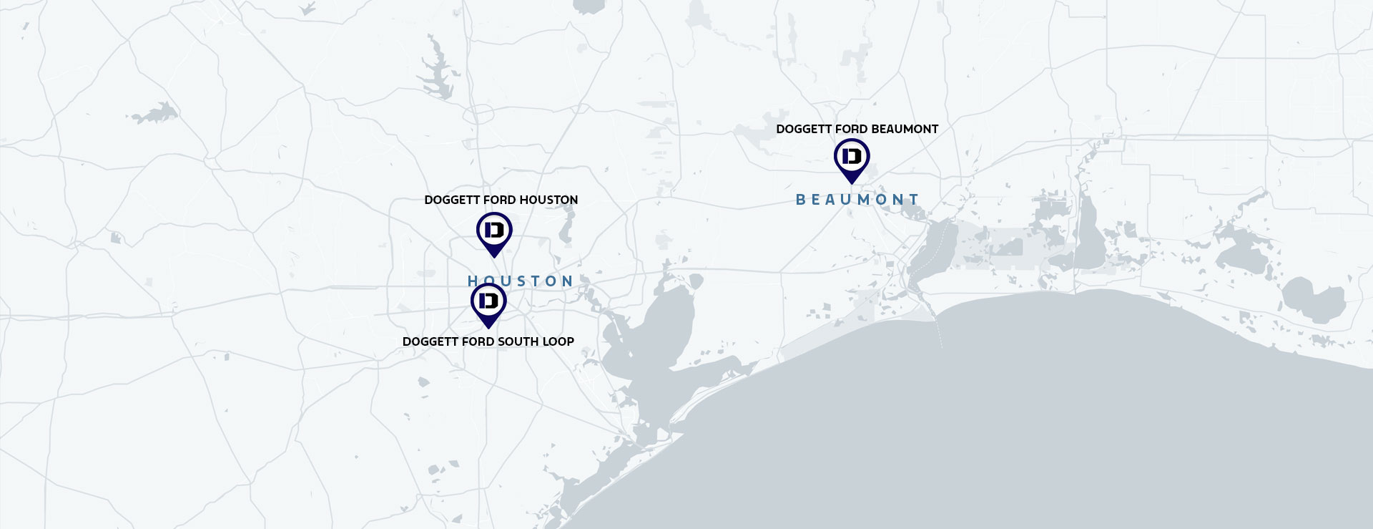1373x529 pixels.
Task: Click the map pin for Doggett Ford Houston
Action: point(494,231)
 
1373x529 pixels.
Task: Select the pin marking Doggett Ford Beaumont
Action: point(852,157)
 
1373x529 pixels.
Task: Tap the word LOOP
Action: point(558,341)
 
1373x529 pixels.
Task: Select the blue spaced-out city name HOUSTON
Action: point(521,281)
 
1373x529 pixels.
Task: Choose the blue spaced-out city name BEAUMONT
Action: point(857,200)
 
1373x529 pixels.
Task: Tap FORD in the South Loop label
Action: point(478,341)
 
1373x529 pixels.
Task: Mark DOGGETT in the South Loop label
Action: point(430,341)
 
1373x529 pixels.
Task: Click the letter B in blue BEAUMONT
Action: point(801,200)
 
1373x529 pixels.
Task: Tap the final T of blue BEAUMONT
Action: point(913,200)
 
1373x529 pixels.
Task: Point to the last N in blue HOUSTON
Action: point(567,281)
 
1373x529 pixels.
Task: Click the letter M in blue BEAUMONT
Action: point(864,200)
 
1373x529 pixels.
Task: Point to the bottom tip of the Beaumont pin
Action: point(852,183)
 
